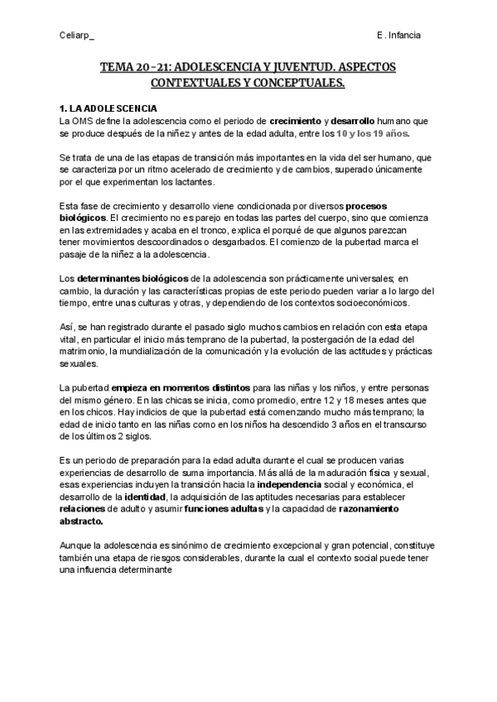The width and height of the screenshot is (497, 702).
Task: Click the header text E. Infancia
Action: [398, 36]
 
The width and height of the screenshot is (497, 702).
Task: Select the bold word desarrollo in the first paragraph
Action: [359, 121]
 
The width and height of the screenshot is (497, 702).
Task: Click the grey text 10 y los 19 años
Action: [373, 132]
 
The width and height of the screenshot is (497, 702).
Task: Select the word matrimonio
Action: [85, 351]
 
